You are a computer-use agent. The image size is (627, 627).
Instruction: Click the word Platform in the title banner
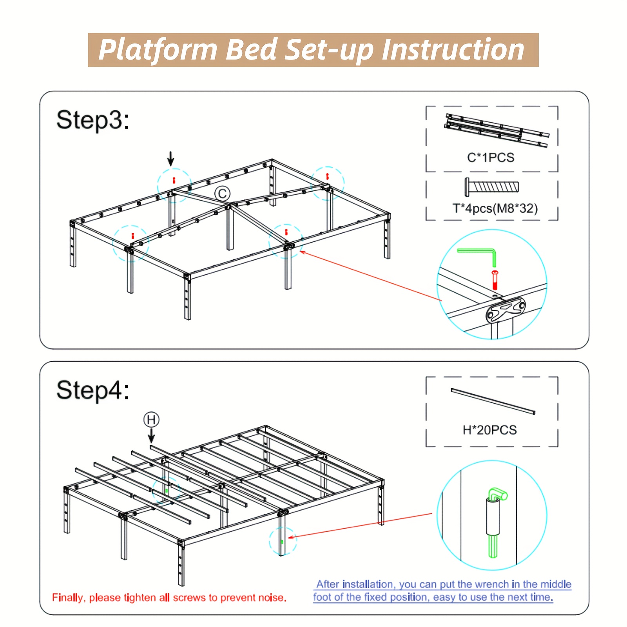158,50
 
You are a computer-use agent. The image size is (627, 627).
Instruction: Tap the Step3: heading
93,120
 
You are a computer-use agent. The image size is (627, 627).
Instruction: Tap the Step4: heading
93,390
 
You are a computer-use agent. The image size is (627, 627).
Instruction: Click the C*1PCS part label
491,158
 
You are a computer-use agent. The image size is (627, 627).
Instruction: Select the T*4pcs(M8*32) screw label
495,208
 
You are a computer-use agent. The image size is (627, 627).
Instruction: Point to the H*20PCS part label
490,430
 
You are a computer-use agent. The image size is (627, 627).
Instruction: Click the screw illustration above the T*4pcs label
492,187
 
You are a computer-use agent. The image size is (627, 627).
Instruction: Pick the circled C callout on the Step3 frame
222,194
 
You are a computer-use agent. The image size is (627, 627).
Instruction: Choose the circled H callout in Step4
151,420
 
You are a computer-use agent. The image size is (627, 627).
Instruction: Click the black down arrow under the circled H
151,436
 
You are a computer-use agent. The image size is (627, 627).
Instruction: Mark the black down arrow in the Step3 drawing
170,159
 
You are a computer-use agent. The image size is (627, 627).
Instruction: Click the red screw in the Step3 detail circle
495,280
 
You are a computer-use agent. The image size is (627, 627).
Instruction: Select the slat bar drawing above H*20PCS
493,401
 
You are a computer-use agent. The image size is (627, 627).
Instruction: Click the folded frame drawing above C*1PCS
497,130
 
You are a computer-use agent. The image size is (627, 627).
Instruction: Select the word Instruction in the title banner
453,50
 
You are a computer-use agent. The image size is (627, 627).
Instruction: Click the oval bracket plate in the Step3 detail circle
506,310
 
